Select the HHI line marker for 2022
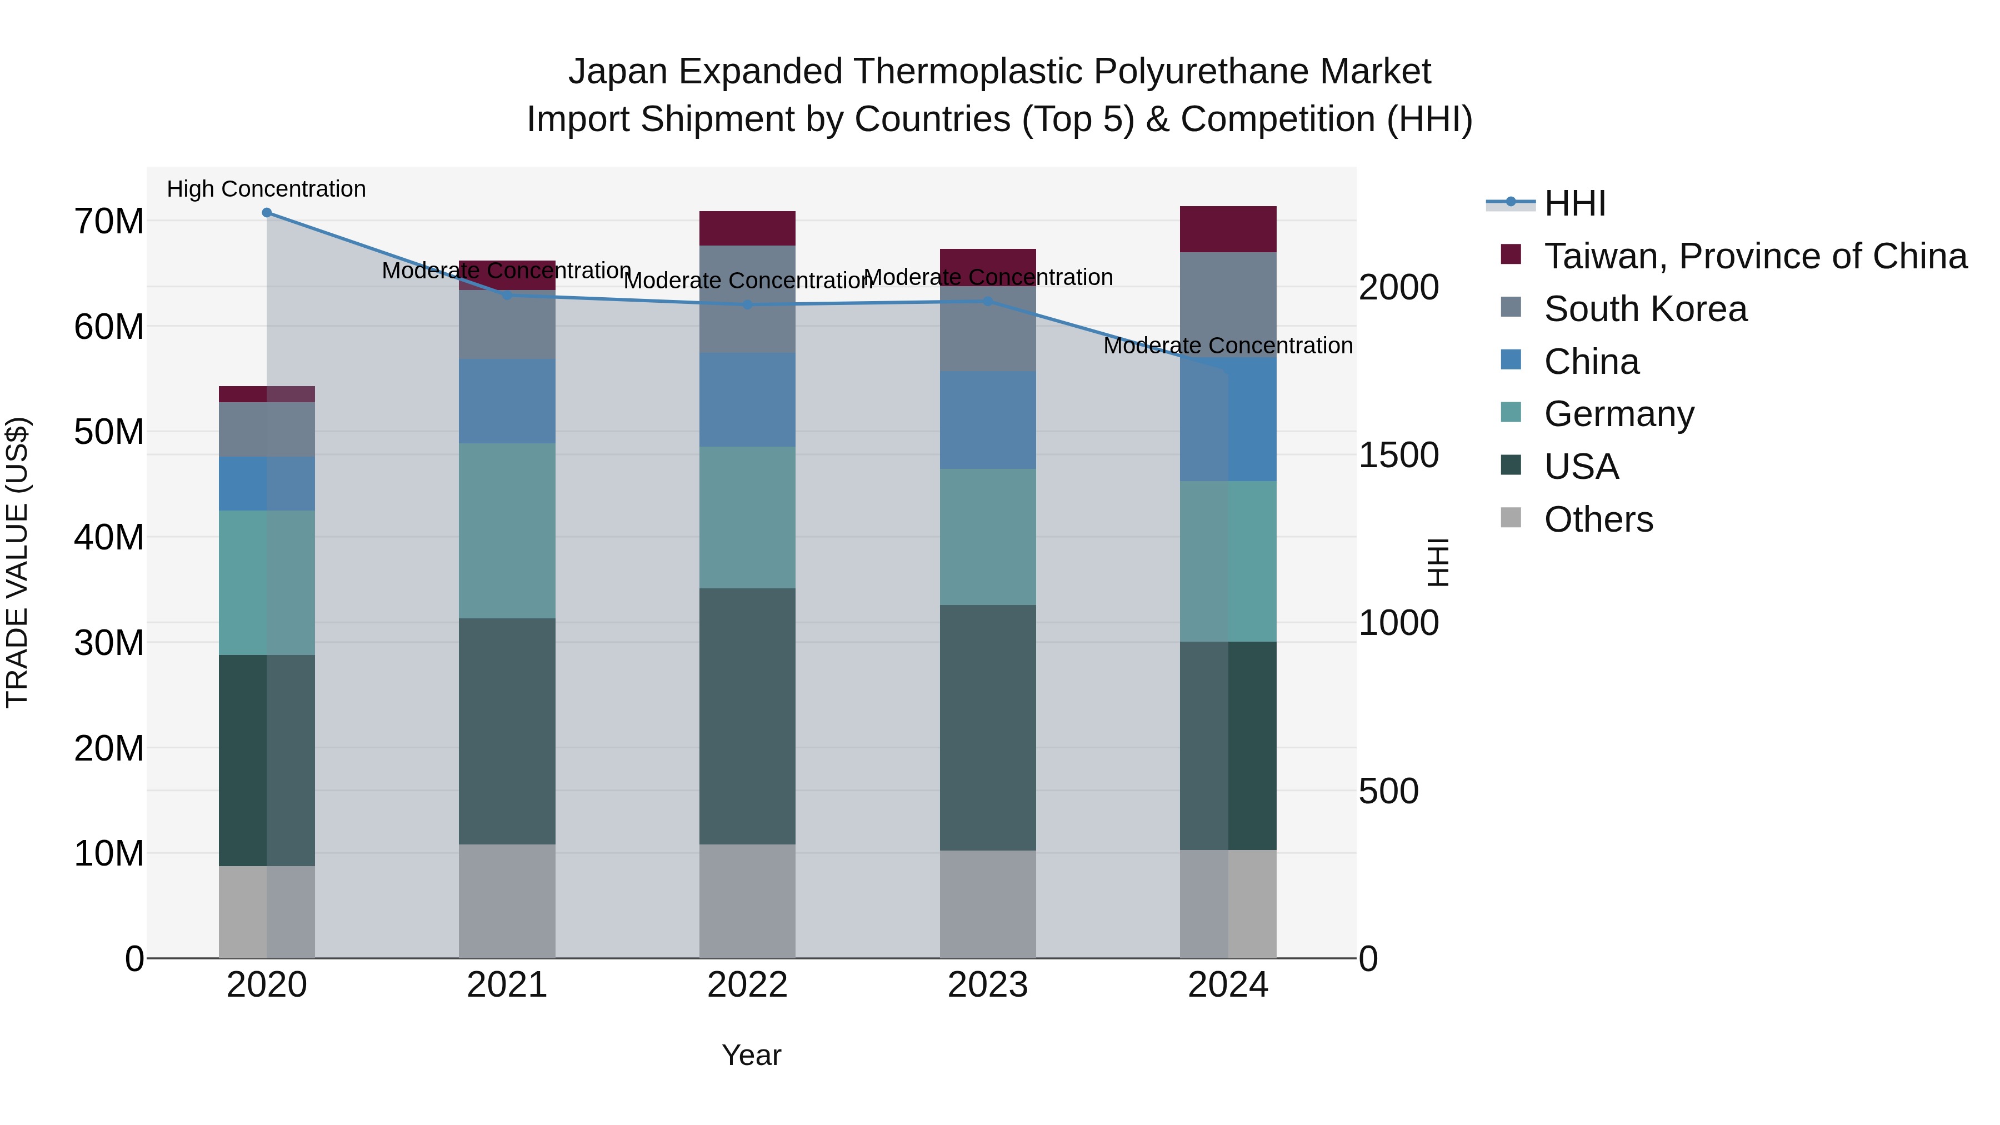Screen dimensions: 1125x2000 (x=748, y=304)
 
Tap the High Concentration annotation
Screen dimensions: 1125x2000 (x=266, y=189)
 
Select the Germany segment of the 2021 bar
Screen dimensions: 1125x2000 (x=507, y=531)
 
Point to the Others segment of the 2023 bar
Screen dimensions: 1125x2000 (x=988, y=904)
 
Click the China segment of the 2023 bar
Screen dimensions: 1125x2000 (x=988, y=419)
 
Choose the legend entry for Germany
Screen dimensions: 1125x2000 (x=1619, y=414)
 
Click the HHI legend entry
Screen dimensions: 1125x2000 (x=1574, y=203)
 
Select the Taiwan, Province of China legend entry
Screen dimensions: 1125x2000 (x=1754, y=256)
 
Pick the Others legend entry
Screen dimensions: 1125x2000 (x=1598, y=519)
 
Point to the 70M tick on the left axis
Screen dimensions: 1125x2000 (x=109, y=221)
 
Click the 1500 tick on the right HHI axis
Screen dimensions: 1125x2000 (x=1398, y=455)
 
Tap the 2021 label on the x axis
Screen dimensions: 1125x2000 (x=507, y=985)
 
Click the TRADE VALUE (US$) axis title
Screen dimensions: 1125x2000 (x=17, y=562)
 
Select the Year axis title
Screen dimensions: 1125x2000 (x=751, y=1055)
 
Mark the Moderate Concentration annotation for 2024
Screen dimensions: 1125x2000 (x=1227, y=346)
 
